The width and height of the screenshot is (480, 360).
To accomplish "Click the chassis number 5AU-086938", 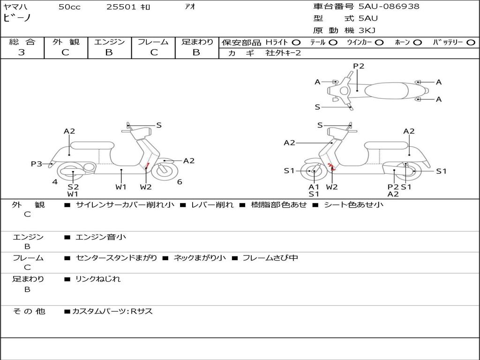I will tap(389, 7).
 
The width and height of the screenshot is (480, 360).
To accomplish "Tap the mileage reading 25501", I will tap(120, 7).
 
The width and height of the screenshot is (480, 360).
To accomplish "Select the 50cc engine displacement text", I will tap(69, 7).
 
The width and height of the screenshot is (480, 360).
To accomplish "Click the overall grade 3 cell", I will tap(22, 52).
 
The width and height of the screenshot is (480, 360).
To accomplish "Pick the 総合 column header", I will tap(22, 42).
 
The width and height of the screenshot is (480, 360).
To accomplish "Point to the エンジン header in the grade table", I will tap(109, 42).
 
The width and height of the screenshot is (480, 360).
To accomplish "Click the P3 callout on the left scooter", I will tap(37, 164).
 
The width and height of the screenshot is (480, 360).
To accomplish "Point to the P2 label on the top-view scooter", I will tap(359, 66).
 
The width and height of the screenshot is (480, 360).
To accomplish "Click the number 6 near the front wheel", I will tap(180, 181).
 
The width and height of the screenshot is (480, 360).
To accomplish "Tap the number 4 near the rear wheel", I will tap(55, 181).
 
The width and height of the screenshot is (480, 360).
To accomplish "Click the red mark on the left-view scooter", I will tap(147, 165).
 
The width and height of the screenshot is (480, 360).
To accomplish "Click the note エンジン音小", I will tap(101, 237).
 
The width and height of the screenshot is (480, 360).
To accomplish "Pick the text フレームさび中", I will tap(270, 258).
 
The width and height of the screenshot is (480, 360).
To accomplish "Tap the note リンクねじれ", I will tap(98, 279).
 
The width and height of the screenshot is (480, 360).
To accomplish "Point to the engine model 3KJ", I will tap(367, 30).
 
